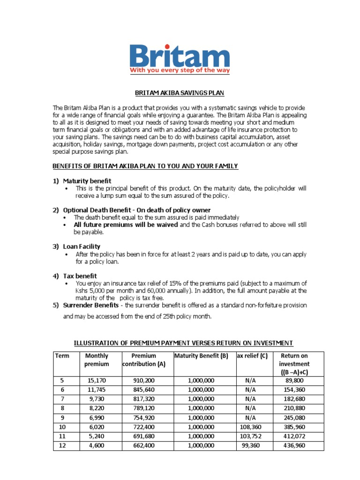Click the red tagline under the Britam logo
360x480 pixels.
point(180,70)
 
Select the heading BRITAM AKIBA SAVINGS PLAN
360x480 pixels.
point(180,93)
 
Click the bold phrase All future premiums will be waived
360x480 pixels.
point(126,225)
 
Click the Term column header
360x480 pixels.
point(62,356)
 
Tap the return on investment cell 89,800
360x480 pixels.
point(293,381)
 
